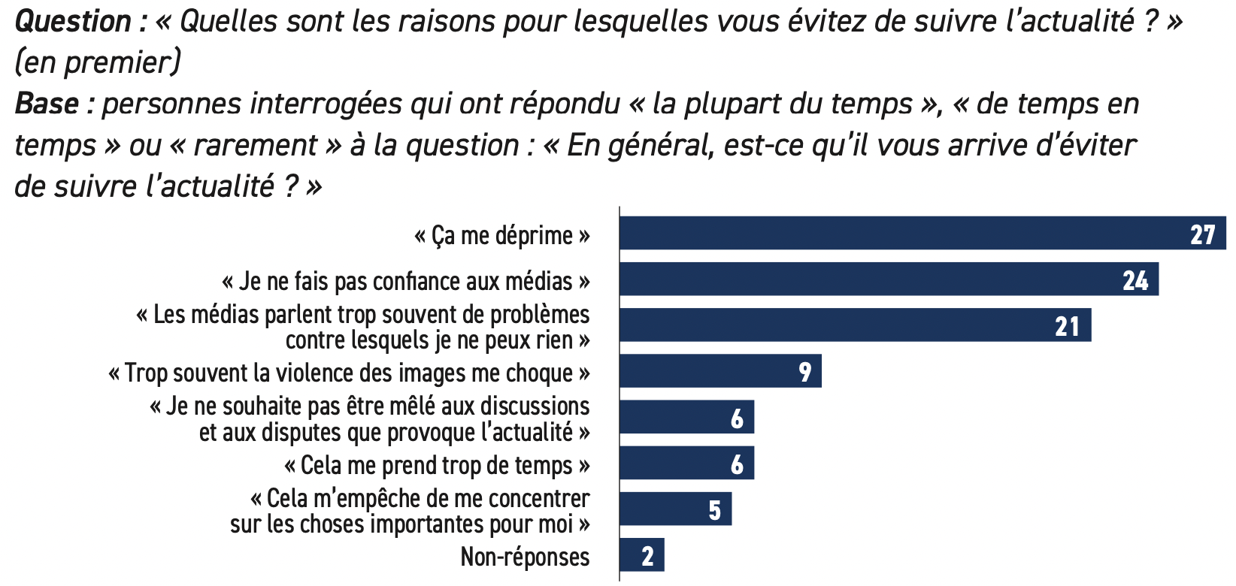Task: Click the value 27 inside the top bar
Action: pos(1202,234)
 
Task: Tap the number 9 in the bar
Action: pos(804,372)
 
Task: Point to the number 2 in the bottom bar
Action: pos(647,556)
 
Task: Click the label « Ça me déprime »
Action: pos(502,236)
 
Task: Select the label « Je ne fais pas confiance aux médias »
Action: pos(406,282)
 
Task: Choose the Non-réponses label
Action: pos(525,557)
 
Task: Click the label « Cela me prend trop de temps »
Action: pos(437,465)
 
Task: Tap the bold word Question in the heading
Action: pos(73,21)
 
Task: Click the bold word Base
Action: pos(47,104)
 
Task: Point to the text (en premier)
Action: pos(98,62)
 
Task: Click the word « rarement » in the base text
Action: pos(256,145)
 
